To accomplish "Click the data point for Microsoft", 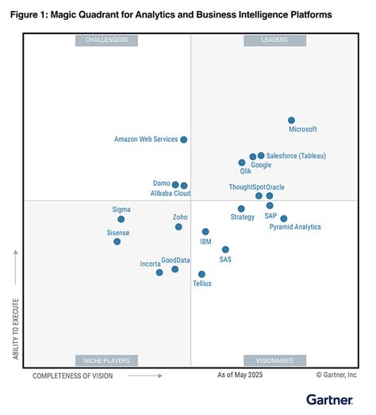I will point(291,120).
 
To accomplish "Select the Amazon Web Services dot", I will point(183,139).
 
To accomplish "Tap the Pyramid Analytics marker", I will point(284,219).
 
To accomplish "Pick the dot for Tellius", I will point(201,275).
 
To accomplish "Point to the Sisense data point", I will point(117,242).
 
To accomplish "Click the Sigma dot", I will point(121,219).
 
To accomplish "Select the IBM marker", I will point(205,232).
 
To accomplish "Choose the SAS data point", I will point(225,249).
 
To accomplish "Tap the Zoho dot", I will point(179,227).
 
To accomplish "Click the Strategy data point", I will point(241,209).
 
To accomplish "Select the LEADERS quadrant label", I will point(274,40).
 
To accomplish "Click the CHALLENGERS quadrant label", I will point(107,40).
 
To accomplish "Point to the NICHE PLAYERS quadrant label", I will point(107,360).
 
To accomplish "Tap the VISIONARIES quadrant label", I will point(274,360).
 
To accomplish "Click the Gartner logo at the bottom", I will point(331,398).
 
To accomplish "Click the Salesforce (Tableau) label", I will point(296,156).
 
